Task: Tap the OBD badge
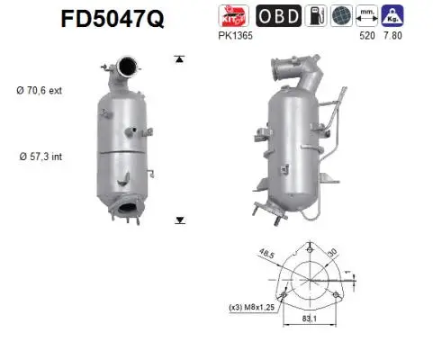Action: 280,15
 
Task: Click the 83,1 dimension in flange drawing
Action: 310,317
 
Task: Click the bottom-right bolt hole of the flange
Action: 337,295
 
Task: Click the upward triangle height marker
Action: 180,59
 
